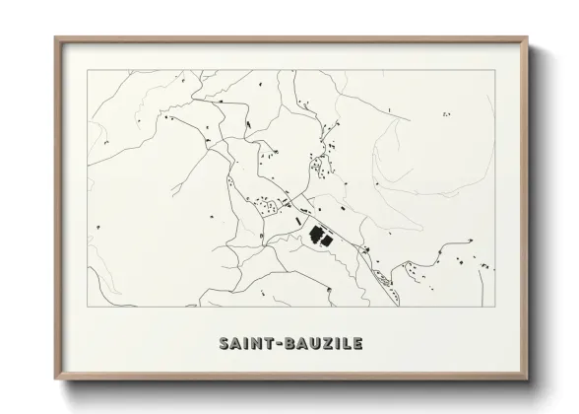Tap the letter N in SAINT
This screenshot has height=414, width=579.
pyautogui.click(x=251, y=343)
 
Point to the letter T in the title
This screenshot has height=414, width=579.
pyautogui.click(x=264, y=343)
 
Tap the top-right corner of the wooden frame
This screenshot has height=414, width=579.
pyautogui.click(x=527, y=37)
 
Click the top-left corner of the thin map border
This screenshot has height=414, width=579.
pyautogui.click(x=87, y=71)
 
